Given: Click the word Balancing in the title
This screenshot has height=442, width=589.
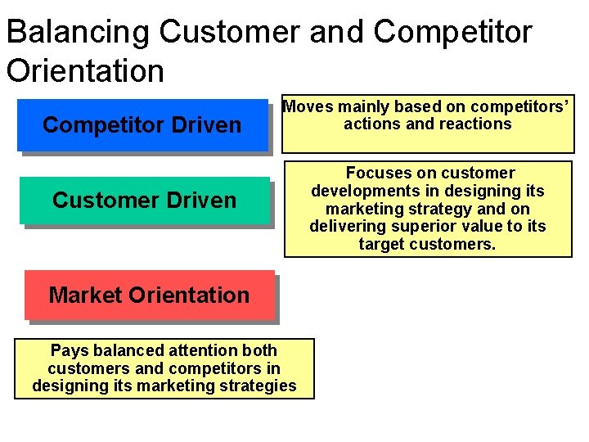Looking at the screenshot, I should tap(78, 33).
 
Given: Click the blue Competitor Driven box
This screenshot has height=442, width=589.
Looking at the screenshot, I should tap(142, 125).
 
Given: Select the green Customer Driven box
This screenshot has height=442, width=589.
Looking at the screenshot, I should tap(144, 200).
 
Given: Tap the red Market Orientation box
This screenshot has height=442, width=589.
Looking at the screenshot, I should tap(149, 295).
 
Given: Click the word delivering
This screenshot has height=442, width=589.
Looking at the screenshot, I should tap(344, 227).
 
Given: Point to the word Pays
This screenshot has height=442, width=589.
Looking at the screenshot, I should tap(69, 350).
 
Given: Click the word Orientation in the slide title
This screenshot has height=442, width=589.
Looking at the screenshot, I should tap(85, 70).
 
